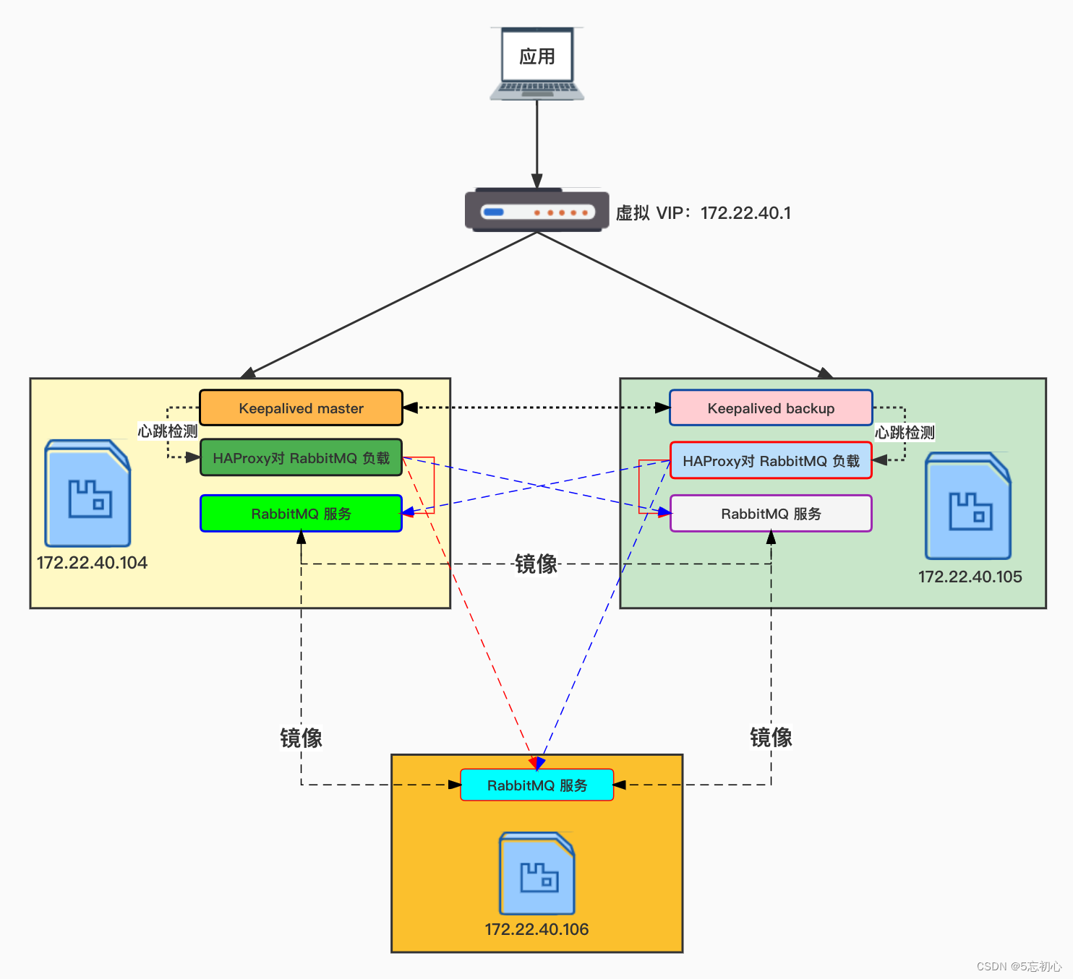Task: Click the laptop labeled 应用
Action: coord(536,64)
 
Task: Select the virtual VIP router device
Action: coord(536,211)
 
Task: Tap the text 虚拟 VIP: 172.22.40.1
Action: coord(703,213)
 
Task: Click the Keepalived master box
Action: coord(301,408)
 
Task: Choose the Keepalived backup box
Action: coord(771,408)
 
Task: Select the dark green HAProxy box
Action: coord(301,458)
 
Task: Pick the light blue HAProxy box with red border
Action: coord(771,461)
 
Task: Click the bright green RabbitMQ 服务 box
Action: coord(301,514)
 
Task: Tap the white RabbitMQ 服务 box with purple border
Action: coord(771,514)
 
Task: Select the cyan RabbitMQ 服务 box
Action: coord(536,785)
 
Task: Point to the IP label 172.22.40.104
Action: coord(92,563)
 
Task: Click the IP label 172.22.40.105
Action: coord(970,577)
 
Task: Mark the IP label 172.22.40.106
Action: coord(536,929)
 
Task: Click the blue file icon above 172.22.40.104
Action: coord(87,493)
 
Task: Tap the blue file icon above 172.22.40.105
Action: coord(968,506)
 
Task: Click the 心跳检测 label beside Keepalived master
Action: coord(168,431)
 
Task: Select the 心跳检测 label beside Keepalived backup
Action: coord(905,433)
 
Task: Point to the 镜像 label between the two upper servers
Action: coord(536,564)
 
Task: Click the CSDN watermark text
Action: coord(1019,966)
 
